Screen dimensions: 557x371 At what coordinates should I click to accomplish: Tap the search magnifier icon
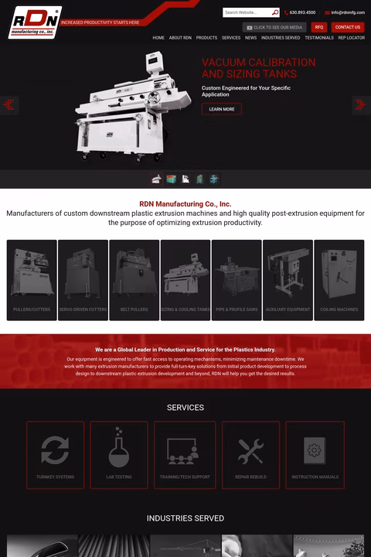point(275,12)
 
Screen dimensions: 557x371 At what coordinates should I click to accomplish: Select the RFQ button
point(319,27)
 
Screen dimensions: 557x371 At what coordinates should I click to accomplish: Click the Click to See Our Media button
point(274,27)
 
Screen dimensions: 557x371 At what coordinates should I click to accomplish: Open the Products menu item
point(206,38)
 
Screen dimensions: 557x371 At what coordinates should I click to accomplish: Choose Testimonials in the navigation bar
point(319,38)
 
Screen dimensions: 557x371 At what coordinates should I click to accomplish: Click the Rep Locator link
point(351,38)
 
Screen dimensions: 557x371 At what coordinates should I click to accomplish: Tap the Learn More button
point(221,109)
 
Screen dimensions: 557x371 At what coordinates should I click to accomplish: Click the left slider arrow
point(9,104)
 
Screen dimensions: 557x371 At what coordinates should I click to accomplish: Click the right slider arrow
point(361,104)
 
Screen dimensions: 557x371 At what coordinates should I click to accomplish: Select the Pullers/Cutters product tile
point(32,279)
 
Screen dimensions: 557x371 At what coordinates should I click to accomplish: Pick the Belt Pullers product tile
point(134,279)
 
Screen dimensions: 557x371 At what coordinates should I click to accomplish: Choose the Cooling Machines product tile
point(339,279)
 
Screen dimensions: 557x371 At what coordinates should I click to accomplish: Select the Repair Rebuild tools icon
point(250,449)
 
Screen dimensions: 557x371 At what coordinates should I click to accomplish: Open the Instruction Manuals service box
point(315,455)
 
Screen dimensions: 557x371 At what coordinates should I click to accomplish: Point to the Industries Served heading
point(185,518)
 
